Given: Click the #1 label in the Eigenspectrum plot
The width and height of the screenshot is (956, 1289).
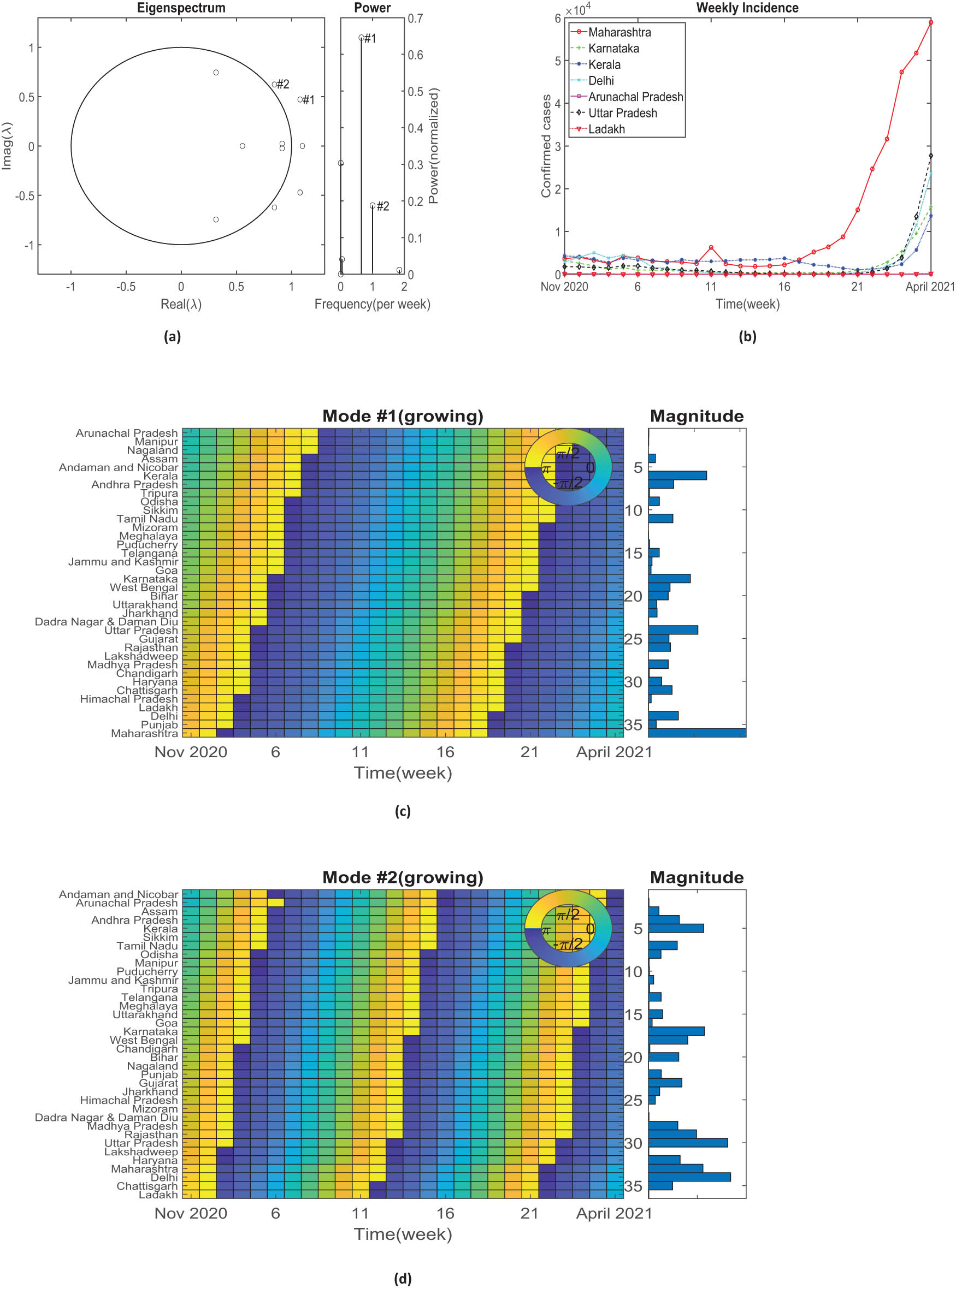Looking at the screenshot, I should pos(309,100).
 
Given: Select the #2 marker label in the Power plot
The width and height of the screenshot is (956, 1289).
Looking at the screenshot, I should pos(382,206).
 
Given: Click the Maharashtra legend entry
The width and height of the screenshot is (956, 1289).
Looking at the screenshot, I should pos(619,32).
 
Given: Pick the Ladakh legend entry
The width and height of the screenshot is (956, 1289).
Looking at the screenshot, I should pos(606,129).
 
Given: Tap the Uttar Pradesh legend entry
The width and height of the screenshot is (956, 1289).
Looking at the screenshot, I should pos(622,113).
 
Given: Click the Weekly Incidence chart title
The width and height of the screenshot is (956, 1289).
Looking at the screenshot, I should pos(747,8).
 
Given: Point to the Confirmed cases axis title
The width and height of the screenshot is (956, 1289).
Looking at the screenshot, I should pos(546,146).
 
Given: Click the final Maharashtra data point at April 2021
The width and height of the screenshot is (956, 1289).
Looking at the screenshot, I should pos(930,22).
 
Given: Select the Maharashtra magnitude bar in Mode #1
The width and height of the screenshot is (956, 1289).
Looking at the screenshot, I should pos(697,733).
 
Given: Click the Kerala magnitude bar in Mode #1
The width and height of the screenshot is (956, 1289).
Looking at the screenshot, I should pos(677,476).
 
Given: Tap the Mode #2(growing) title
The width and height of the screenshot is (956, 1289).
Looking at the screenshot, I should pos(402,877).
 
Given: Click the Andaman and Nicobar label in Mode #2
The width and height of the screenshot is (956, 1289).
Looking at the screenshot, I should pos(118,894).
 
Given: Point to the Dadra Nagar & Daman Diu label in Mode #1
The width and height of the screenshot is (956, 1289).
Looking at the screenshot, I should pos(106,622).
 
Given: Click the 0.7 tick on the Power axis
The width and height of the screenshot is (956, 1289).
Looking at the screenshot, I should pos(415,19).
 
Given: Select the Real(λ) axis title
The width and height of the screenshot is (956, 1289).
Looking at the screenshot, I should pos(181,304).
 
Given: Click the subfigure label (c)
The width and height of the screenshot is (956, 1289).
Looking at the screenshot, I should pos(402,811).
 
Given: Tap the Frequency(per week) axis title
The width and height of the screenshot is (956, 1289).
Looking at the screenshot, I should pos(372,304).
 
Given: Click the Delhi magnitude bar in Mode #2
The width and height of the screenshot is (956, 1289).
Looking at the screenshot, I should pos(689,1177).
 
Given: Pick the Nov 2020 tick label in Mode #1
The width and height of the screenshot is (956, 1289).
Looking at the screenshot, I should pos(191,752).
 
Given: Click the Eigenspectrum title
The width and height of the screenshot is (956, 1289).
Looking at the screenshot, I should pos(181,8).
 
